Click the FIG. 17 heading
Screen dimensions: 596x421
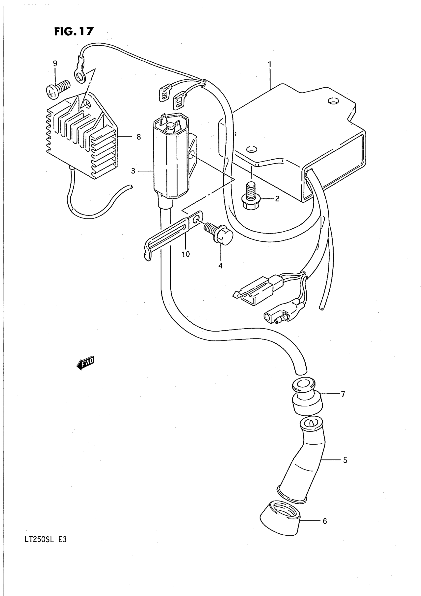[x=74, y=32]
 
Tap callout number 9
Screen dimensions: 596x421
[x=55, y=64]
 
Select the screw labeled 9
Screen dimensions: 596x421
[x=58, y=89]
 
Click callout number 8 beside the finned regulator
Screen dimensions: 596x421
[x=138, y=137]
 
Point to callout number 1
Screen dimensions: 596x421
[x=270, y=64]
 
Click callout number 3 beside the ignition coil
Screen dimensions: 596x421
[x=133, y=171]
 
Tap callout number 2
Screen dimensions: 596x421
[x=277, y=199]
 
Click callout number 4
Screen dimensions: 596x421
[x=220, y=265]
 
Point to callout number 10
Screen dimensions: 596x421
[x=185, y=254]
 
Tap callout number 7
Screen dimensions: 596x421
[x=343, y=401]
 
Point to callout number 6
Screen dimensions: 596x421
[x=325, y=521]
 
